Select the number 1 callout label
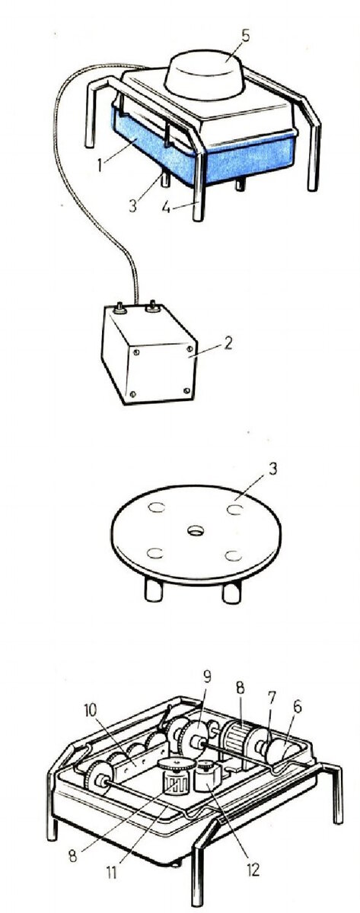(100, 164)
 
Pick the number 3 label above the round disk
(272, 469)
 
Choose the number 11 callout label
(110, 871)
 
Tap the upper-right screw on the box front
(190, 348)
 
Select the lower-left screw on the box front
(132, 393)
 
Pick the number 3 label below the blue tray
(132, 206)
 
